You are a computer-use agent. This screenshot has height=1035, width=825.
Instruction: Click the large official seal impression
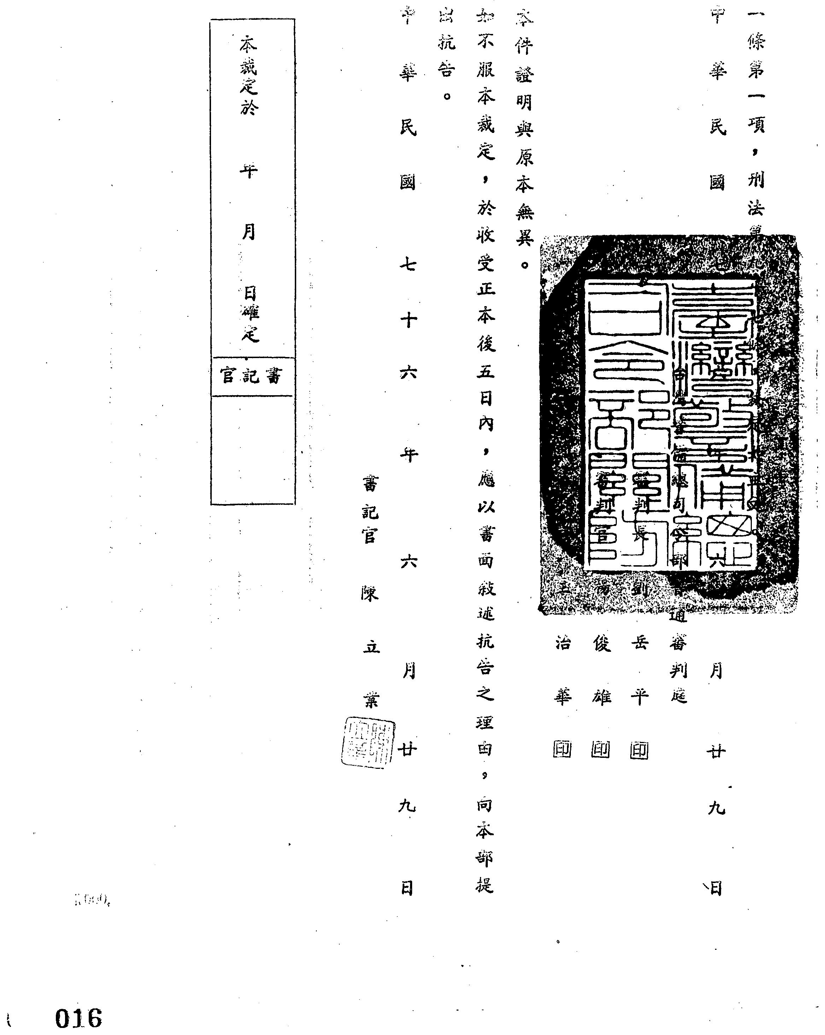[669, 425]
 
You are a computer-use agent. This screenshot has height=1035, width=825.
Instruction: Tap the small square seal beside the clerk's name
[368, 743]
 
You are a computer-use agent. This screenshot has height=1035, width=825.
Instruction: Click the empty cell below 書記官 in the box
[252, 450]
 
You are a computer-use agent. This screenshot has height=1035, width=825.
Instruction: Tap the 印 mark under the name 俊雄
[601, 750]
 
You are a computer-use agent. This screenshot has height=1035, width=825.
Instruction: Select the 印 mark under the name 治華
[562, 750]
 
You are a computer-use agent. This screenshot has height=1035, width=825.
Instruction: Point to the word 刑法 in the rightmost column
[755, 193]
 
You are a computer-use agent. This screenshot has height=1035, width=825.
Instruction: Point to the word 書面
[485, 547]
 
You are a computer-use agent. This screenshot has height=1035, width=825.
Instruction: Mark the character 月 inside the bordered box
[248, 232]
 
